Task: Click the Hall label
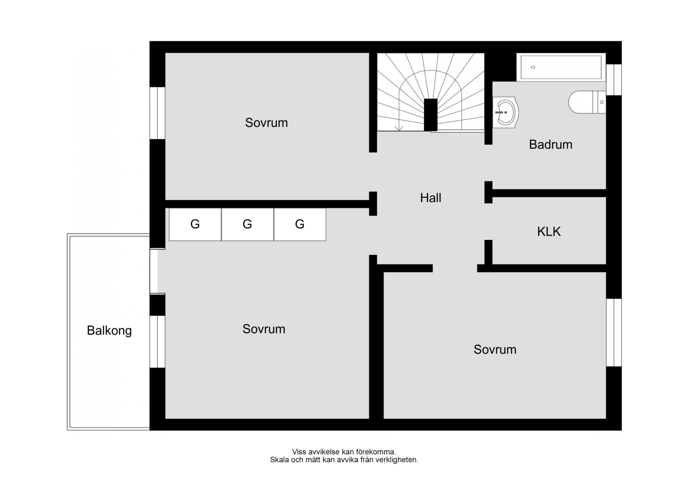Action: click(431, 198)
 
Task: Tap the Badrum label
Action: click(550, 145)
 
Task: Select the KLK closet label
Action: click(549, 231)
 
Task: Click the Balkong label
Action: click(109, 331)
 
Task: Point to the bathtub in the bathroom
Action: click(561, 67)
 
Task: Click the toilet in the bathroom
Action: click(587, 102)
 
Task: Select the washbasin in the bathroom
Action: click(505, 112)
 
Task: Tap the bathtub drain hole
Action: click(533, 67)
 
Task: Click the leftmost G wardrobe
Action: click(195, 224)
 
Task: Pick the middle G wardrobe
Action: click(248, 224)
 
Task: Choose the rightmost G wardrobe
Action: click(300, 224)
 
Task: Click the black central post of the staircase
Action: click(431, 115)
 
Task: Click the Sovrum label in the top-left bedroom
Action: click(266, 123)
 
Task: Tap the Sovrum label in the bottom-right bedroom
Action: click(495, 350)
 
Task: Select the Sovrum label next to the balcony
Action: click(264, 329)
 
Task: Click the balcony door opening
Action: click(154, 271)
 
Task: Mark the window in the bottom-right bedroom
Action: click(614, 333)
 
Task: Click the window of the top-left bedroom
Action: click(157, 113)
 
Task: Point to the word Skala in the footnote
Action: click(280, 460)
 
